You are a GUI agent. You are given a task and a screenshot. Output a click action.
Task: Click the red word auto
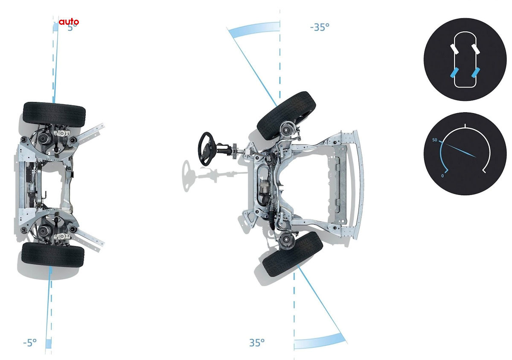pos(69,21)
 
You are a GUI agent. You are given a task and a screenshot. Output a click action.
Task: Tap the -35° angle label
pos(320,27)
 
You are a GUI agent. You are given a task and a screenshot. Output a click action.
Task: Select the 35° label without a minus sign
pos(257,342)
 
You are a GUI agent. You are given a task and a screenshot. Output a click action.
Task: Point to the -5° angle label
pos(30,342)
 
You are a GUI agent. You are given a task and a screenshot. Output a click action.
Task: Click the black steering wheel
pos(206,149)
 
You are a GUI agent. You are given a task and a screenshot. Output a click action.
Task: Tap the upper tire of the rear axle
pos(54,114)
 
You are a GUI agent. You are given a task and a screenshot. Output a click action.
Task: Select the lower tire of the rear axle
pos(53,255)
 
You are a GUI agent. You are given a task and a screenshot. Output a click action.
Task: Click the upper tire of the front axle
pos(286,115)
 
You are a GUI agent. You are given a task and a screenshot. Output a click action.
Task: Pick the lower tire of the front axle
pos(293,255)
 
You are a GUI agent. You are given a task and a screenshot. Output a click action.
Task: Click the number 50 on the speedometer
pos(434,140)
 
